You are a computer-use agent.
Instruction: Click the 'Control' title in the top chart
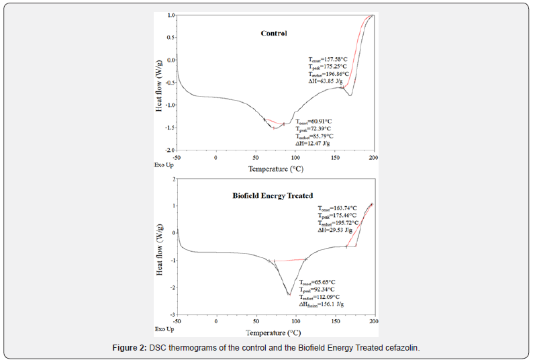(274, 34)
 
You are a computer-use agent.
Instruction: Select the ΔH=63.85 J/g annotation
(323, 81)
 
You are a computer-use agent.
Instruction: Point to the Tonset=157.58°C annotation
(323, 59)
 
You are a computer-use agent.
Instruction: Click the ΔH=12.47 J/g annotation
(313, 143)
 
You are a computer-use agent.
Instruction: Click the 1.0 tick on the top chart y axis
(171, 15)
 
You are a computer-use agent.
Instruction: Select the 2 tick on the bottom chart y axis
(174, 179)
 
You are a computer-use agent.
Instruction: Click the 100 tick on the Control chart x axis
(295, 157)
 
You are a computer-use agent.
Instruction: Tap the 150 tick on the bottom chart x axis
(334, 322)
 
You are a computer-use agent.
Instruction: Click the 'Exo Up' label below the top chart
(164, 164)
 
